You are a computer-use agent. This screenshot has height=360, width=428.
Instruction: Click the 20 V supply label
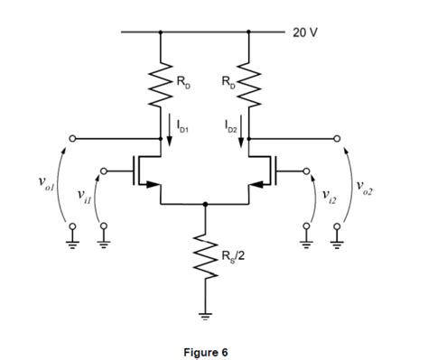click(x=304, y=32)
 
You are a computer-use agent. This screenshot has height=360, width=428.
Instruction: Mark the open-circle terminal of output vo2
click(x=339, y=139)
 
